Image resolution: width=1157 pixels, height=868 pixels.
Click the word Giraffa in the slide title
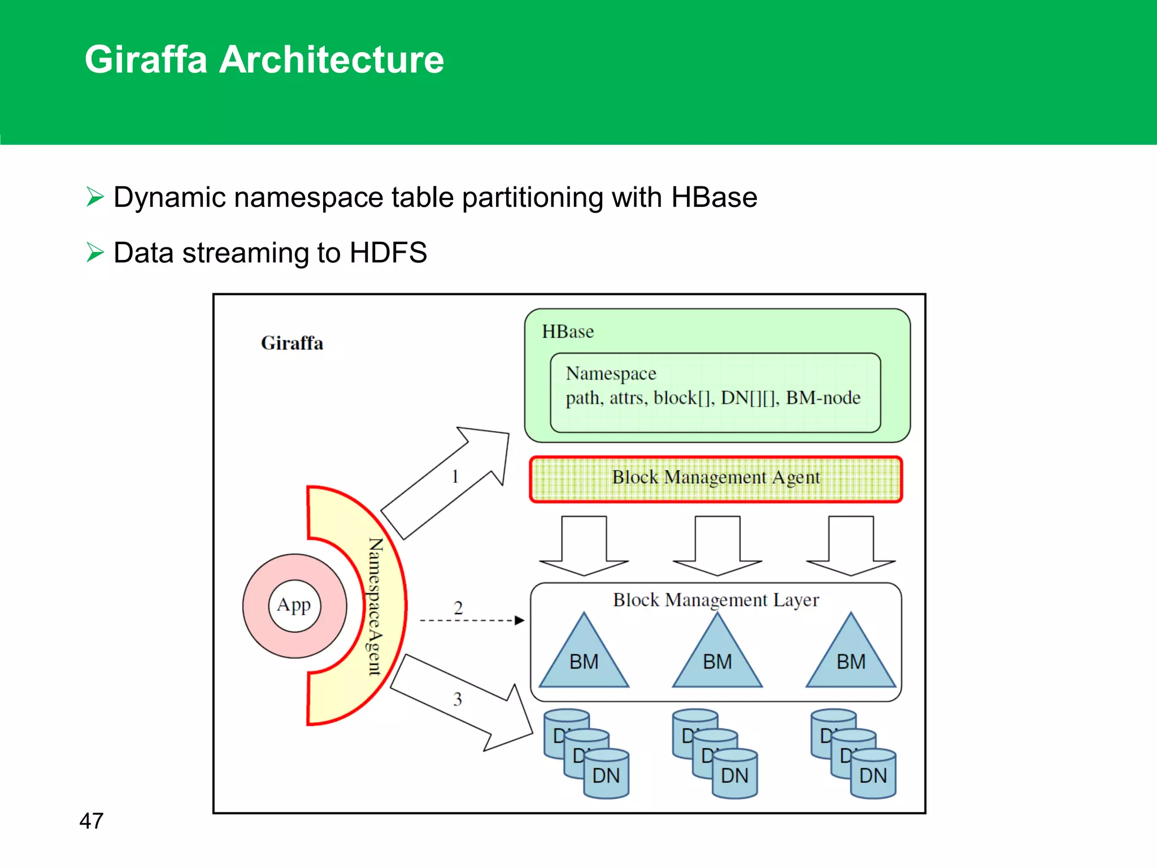pyautogui.click(x=146, y=60)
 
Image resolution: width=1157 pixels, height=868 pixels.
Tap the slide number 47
pyautogui.click(x=92, y=821)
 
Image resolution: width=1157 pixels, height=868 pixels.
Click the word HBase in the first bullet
pyautogui.click(x=714, y=198)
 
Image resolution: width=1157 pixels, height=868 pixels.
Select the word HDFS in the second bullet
pyautogui.click(x=388, y=253)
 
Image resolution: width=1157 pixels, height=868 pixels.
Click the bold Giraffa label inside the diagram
pyautogui.click(x=292, y=343)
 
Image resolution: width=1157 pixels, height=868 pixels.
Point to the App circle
pyautogui.click(x=294, y=605)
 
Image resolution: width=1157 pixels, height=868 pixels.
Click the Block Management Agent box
pyautogui.click(x=716, y=479)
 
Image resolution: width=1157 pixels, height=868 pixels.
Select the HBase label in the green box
pyautogui.click(x=568, y=332)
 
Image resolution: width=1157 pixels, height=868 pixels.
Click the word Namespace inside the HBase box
pyautogui.click(x=611, y=374)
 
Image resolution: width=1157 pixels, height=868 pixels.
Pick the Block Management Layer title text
pyautogui.click(x=716, y=600)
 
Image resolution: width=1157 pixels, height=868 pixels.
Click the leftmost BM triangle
pyautogui.click(x=584, y=658)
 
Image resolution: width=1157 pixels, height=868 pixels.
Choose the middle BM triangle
pyautogui.click(x=717, y=658)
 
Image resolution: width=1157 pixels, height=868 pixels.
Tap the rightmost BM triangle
pyautogui.click(x=851, y=658)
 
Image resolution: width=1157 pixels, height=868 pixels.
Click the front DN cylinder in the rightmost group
pyautogui.click(x=873, y=775)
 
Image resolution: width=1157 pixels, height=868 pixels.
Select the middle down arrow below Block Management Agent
pyautogui.click(x=717, y=545)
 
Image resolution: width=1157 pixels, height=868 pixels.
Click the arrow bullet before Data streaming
pyautogui.click(x=95, y=252)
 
